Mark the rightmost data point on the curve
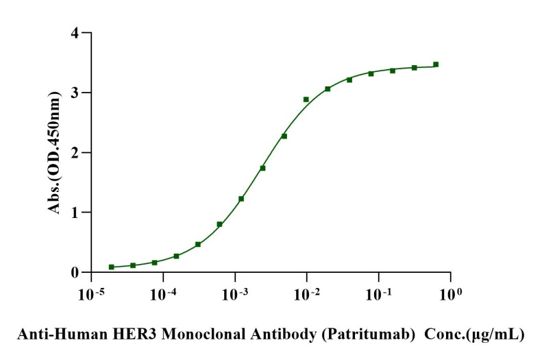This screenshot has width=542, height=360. click(x=436, y=64)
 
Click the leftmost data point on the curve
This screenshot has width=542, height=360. click(x=111, y=267)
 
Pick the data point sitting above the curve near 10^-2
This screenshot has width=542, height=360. click(x=306, y=99)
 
